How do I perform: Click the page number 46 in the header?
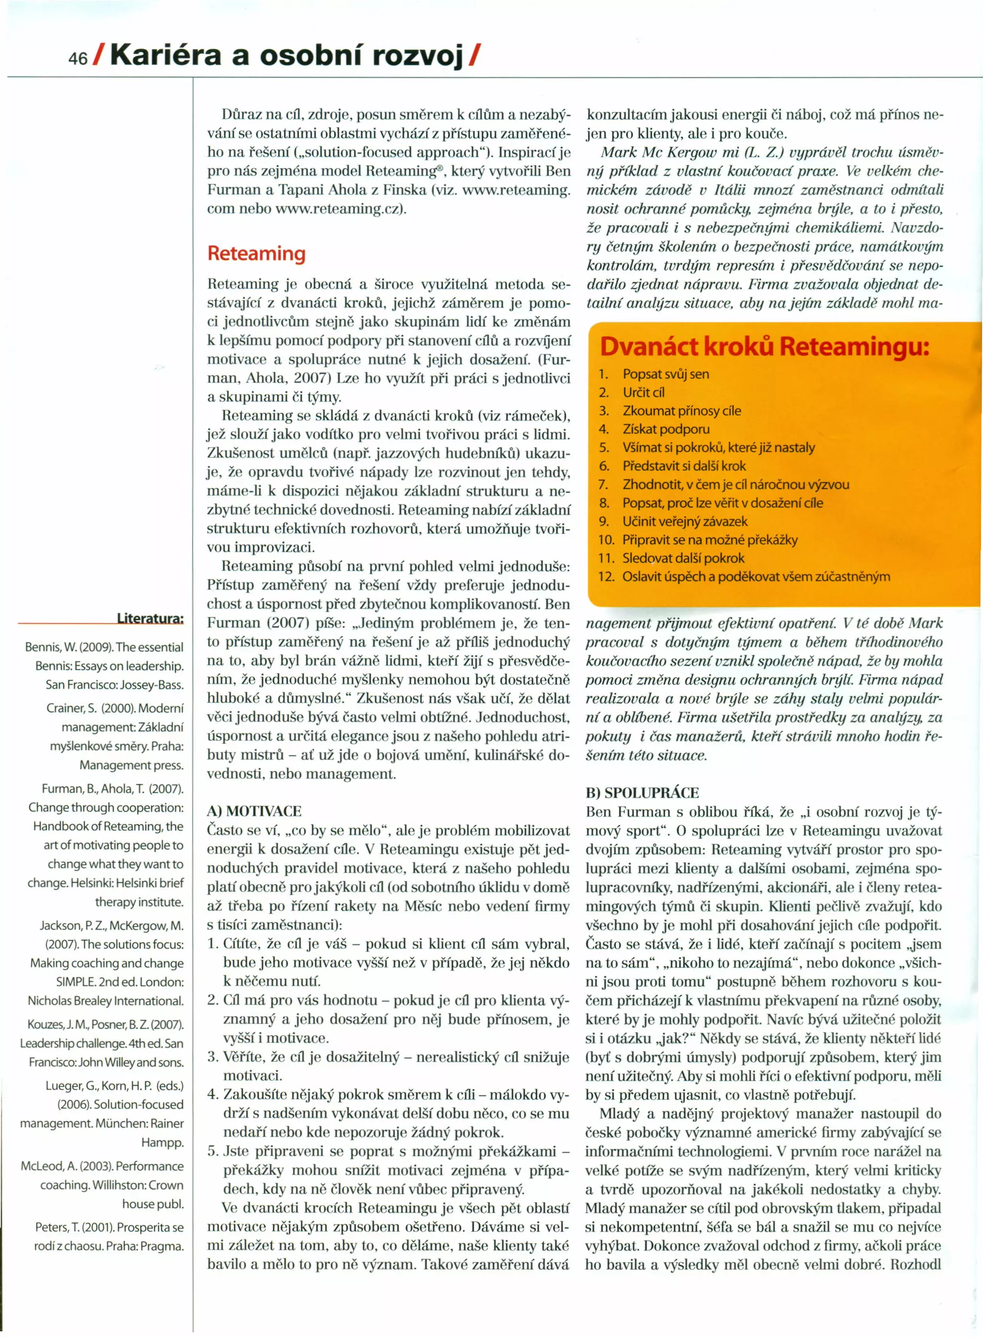pyautogui.click(x=77, y=58)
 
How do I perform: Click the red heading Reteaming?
pyautogui.click(x=256, y=254)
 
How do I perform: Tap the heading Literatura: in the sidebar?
pyautogui.click(x=150, y=618)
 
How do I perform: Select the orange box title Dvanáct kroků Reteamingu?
pyautogui.click(x=764, y=346)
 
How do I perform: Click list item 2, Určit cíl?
pyautogui.click(x=643, y=392)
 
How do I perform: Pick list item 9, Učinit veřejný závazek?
pyautogui.click(x=684, y=522)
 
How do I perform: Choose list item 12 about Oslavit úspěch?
pyautogui.click(x=755, y=577)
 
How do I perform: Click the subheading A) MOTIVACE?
pyautogui.click(x=254, y=811)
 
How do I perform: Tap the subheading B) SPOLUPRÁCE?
pyautogui.click(x=642, y=792)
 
